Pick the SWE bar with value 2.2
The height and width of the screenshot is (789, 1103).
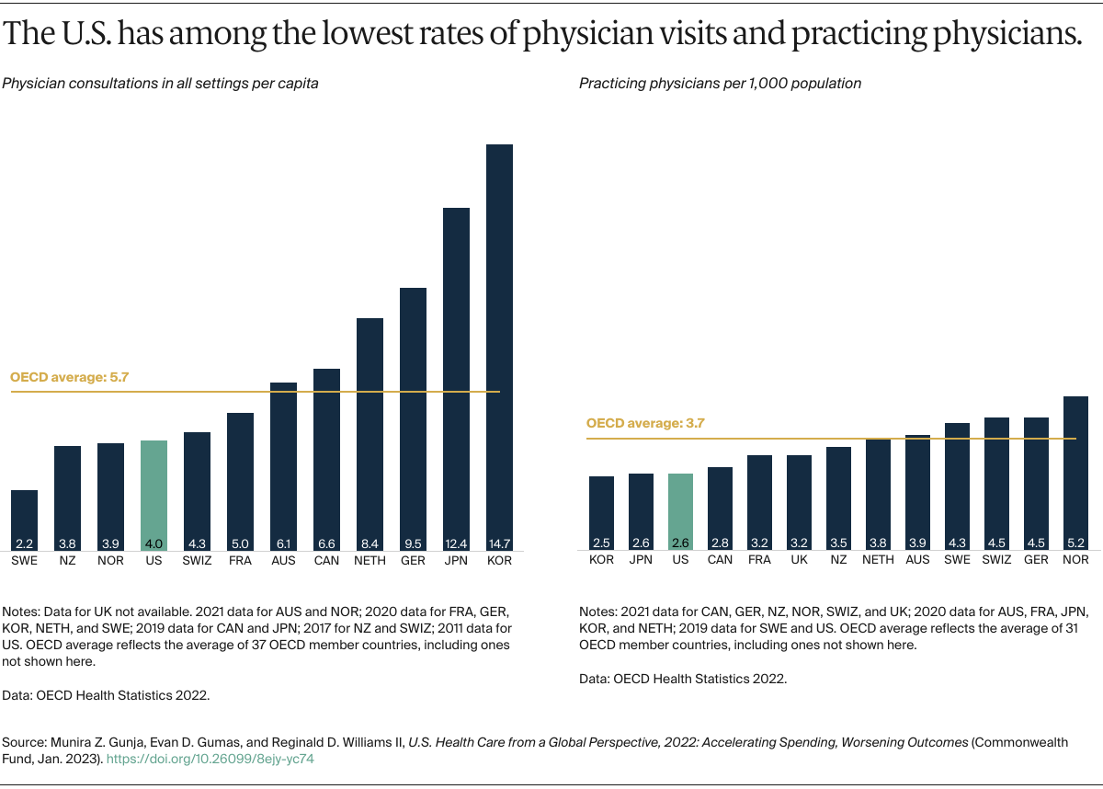[25, 520]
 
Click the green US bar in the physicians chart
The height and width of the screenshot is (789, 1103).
[680, 511]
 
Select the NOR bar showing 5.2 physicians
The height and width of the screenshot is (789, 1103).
[1075, 473]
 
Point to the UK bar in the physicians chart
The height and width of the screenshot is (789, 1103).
[799, 502]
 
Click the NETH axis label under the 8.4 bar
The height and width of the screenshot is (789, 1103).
[370, 560]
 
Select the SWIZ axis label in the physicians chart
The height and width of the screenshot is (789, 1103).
[996, 560]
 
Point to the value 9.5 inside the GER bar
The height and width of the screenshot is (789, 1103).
[413, 543]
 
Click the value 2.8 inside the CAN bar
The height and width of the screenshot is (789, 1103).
[720, 543]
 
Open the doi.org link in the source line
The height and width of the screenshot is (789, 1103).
[212, 760]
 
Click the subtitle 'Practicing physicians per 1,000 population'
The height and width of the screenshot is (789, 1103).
[720, 84]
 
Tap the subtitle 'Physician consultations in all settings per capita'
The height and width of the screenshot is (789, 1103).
[161, 84]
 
